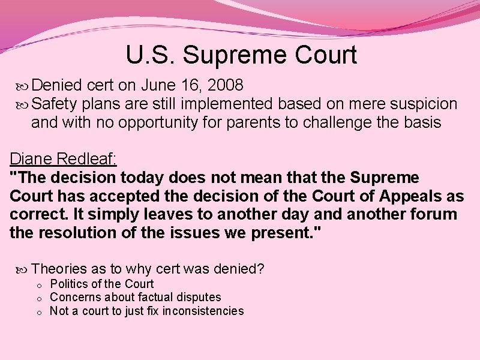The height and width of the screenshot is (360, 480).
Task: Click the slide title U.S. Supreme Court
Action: (x=241, y=55)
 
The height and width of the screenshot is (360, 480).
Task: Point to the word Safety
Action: (x=55, y=104)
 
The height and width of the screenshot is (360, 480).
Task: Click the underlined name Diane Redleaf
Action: (x=63, y=159)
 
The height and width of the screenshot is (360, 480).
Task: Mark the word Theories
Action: (x=59, y=269)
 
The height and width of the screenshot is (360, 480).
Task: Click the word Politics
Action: (x=68, y=284)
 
